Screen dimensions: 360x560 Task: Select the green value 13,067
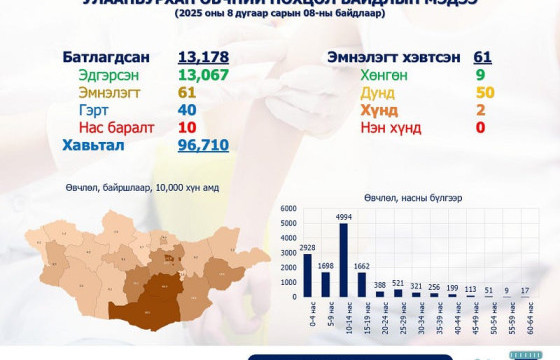tap(203, 74)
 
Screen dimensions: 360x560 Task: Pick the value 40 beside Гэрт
tap(187, 110)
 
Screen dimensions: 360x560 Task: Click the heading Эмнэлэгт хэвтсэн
tap(388, 56)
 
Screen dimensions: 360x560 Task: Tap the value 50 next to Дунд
tap(481, 92)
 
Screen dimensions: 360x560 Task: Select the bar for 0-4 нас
tap(307, 275)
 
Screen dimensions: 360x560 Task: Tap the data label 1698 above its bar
tap(325, 264)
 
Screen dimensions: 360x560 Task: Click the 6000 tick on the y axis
tap(286, 208)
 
